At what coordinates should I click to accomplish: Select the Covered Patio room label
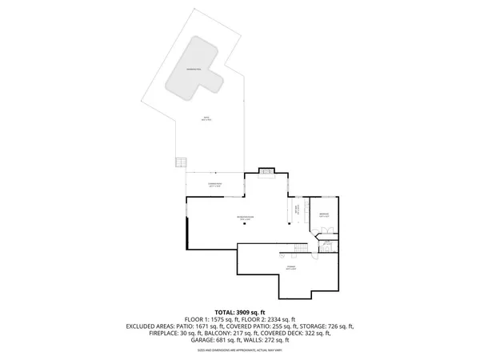coord(215,186)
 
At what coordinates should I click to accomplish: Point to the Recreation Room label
coord(244,218)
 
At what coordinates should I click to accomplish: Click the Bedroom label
coord(324,214)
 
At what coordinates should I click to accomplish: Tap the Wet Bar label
coord(296,210)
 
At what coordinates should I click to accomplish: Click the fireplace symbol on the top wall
coord(269,170)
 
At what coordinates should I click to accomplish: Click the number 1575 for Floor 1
coord(218,318)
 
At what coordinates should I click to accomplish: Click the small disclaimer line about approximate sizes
coord(240,350)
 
